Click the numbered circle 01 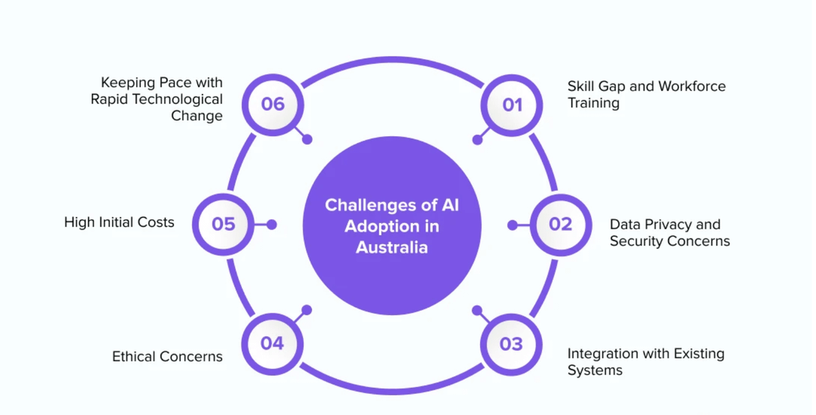coord(511,105)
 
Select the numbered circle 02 coord(560,225)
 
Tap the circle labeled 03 coord(511,344)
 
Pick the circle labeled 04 coord(272,344)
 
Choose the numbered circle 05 coord(223,225)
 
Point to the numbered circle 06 coord(272,104)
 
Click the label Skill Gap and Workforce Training coord(646,95)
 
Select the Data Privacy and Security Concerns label coord(669,233)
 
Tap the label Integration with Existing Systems coord(645,362)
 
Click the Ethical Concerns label coord(167,356)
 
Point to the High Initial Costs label coord(119,222)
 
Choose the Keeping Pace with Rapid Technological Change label coord(157,99)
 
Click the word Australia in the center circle coord(392,247)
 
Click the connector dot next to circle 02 coord(513,225)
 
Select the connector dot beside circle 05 coord(271,225)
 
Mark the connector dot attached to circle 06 coord(307,139)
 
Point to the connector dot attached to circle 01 coord(477,140)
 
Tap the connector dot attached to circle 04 coord(307,310)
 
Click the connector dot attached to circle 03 coord(477,310)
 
